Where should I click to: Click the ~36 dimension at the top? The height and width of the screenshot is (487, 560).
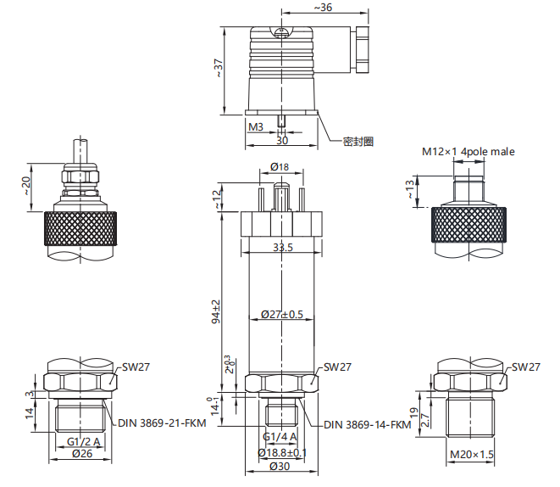coord(324,7)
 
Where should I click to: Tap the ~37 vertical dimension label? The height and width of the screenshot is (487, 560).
coord(218,68)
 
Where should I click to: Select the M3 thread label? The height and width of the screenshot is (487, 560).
coord(256,127)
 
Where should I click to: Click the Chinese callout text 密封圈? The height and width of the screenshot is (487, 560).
coord(358,142)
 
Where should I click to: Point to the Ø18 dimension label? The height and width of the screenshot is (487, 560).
coord(280,166)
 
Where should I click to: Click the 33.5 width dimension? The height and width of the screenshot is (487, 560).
coord(283,247)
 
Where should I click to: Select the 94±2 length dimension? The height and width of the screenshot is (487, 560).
coord(216,311)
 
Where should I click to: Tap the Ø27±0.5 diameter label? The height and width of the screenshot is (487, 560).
coord(282,314)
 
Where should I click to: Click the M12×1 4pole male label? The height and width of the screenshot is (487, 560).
coord(469,152)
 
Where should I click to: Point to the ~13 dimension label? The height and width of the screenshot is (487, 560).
coord(410,189)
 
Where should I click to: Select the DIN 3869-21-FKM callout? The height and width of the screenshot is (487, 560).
coord(162,423)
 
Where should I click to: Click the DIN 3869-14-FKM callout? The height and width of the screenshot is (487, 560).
coord(368,425)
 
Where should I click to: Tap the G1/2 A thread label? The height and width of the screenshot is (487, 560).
coord(84,442)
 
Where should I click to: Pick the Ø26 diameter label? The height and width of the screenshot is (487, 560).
coord(82,453)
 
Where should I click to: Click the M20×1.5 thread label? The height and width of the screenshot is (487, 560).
coord(472,455)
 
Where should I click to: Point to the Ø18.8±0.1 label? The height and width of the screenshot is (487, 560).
coord(282,453)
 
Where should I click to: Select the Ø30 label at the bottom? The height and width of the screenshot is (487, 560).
coord(280,467)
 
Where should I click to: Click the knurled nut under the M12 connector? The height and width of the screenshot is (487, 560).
coord(469,225)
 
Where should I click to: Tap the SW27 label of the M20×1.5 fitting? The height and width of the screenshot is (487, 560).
coord(526,367)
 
